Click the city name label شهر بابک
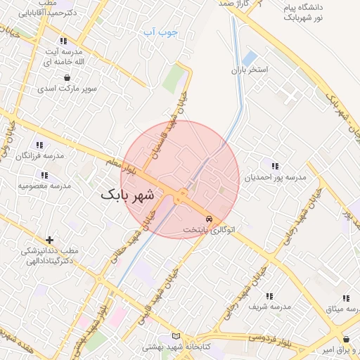pyautogui.click(x=127, y=195)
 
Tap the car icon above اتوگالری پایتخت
pyautogui.click(x=208, y=219)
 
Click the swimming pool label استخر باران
pyautogui.click(x=250, y=72)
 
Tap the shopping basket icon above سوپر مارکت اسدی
pyautogui.click(x=67, y=77)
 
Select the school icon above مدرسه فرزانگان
pyautogui.click(x=44, y=143)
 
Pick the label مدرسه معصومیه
pyautogui.click(x=44, y=186)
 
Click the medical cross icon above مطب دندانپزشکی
pyautogui.click(x=49, y=240)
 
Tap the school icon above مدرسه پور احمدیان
pyautogui.click(x=275, y=167)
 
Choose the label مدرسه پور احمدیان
pyautogui.click(x=275, y=178)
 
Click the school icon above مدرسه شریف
pyautogui.click(x=269, y=296)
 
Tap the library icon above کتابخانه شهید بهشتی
pyautogui.click(x=175, y=335)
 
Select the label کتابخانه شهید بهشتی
pyautogui.click(x=173, y=347)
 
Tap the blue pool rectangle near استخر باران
pyautogui.click(x=250, y=57)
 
